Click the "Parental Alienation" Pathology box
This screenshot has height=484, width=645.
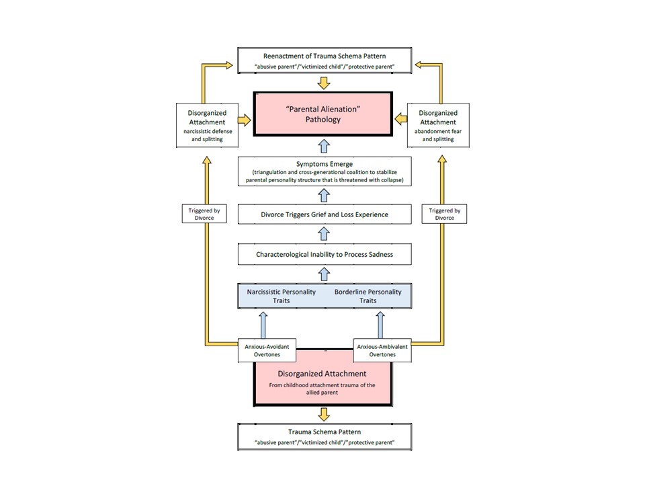(x=323, y=114)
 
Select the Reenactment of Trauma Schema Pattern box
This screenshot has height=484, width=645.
(x=325, y=61)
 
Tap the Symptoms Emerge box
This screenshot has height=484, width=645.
(x=325, y=171)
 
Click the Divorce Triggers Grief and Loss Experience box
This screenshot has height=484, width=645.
(x=325, y=214)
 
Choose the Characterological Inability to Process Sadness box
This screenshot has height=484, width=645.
(x=325, y=254)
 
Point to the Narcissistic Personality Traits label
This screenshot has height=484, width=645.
(x=282, y=296)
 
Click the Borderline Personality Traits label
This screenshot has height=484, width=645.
(x=368, y=296)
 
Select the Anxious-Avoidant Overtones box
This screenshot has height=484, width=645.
(x=267, y=350)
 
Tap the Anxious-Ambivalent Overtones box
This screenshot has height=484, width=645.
(x=382, y=350)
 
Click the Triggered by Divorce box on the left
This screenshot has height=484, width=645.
(x=204, y=214)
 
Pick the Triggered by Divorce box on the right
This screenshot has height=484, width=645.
(x=444, y=214)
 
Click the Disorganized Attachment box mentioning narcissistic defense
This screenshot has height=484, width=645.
(x=207, y=126)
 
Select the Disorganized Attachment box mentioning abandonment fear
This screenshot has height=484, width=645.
(x=438, y=126)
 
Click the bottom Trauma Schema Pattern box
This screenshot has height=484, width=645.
(x=325, y=437)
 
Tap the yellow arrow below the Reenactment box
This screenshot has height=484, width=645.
(x=324, y=83)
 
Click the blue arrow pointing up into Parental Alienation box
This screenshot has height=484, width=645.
(x=324, y=147)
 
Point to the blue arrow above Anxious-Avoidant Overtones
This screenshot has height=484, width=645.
(x=263, y=325)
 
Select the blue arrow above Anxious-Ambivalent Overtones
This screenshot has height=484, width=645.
(x=380, y=325)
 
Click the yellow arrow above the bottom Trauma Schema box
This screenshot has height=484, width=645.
(x=324, y=415)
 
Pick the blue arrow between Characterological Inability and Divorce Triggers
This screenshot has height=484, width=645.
(x=324, y=234)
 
